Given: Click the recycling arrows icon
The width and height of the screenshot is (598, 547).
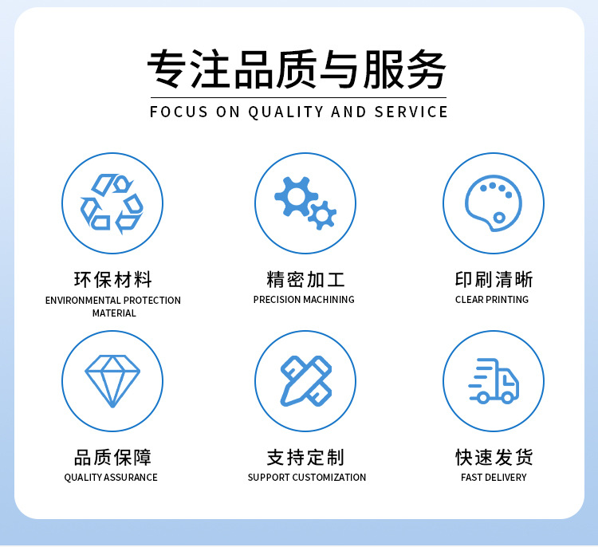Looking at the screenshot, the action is tap(112, 203).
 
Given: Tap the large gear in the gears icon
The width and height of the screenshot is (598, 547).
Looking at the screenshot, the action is tap(295, 195).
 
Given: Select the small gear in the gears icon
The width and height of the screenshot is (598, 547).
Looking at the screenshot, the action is tap(322, 214).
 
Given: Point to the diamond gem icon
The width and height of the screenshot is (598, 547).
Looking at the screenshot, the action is tap(112, 381).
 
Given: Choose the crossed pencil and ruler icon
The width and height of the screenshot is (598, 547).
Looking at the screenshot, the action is tap(305, 381).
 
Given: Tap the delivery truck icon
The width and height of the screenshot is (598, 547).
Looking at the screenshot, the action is tap(493, 381).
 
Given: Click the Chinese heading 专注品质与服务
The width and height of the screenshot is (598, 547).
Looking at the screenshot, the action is tap(297, 70).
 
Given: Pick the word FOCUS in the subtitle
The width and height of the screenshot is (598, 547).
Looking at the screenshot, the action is tap(179, 112).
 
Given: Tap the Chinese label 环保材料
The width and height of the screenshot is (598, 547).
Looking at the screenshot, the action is tap(112, 280).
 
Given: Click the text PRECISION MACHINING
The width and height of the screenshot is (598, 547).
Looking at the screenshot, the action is tap(304, 300).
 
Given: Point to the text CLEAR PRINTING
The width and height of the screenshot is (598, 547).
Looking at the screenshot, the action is tap(492, 300).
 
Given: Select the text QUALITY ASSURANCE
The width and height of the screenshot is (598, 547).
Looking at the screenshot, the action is tap(111, 478).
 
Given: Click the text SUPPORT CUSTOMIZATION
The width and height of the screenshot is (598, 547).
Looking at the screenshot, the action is tap(307, 478).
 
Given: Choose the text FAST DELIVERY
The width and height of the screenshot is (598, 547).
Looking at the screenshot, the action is tap(494, 478).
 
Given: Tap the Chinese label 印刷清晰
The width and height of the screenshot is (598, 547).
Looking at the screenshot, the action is tap(494, 280).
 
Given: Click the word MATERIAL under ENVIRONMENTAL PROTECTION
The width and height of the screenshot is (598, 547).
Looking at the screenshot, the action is tap(114, 313).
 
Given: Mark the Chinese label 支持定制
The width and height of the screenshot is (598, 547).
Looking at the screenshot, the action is tap(305, 458).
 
